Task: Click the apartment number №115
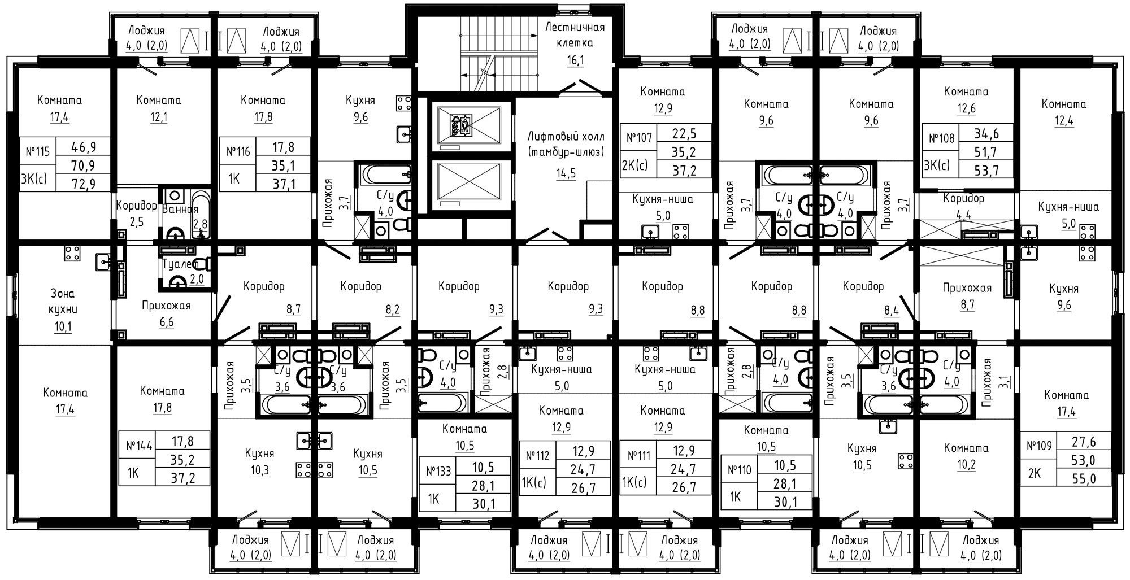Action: point(38,152)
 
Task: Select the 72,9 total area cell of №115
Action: point(84,183)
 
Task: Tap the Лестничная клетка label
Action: point(575,35)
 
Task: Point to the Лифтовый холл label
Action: point(566,144)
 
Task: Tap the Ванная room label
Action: point(180,210)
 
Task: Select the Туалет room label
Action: point(181,264)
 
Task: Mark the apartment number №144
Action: point(138,446)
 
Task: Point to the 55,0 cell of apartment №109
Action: point(1084,479)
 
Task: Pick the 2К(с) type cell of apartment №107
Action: point(635,165)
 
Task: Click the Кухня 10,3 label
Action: point(260,462)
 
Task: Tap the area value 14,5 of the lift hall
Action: point(566,173)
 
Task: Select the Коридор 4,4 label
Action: point(964,206)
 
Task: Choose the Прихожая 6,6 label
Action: point(166,314)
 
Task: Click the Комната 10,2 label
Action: point(966,457)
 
